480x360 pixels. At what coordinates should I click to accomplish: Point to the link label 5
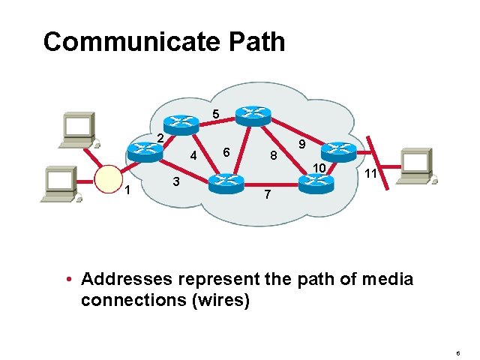tap(215, 115)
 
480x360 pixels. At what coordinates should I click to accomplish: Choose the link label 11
tap(370, 174)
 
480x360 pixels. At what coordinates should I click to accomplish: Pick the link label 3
tap(175, 181)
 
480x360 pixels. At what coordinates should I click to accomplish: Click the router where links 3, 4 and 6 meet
tap(225, 182)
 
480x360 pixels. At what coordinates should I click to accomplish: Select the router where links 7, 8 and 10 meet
tap(312, 182)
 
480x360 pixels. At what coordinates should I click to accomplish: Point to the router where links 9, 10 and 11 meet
tap(341, 151)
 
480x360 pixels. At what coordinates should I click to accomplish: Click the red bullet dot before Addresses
tap(68, 280)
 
